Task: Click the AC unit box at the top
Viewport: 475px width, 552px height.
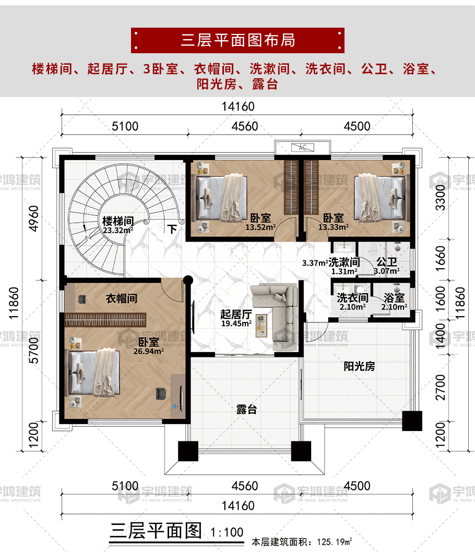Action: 302,148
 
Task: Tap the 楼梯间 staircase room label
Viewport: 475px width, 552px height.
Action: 118,221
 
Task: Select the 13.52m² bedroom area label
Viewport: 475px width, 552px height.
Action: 260,227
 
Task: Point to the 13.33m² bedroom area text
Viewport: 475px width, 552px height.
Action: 333,227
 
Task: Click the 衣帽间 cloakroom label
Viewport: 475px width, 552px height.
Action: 122,298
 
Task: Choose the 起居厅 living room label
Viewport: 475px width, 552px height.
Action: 236,314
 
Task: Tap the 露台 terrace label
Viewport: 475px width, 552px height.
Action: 246,410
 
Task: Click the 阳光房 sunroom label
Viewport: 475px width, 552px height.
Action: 359,366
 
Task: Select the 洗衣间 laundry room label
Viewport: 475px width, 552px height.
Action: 352,298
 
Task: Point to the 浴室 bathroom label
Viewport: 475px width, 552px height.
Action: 394,298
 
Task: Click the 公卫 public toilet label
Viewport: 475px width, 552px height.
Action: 387,262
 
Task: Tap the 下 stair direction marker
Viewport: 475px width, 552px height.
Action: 172,230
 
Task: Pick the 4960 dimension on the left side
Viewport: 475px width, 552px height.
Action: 33,219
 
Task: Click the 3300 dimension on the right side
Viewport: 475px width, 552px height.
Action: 440,198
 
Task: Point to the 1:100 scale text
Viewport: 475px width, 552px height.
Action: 227,532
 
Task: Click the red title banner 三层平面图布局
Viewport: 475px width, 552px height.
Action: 238,41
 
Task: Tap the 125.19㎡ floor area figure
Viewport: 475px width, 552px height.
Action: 335,542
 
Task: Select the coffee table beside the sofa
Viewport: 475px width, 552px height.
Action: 262,325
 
